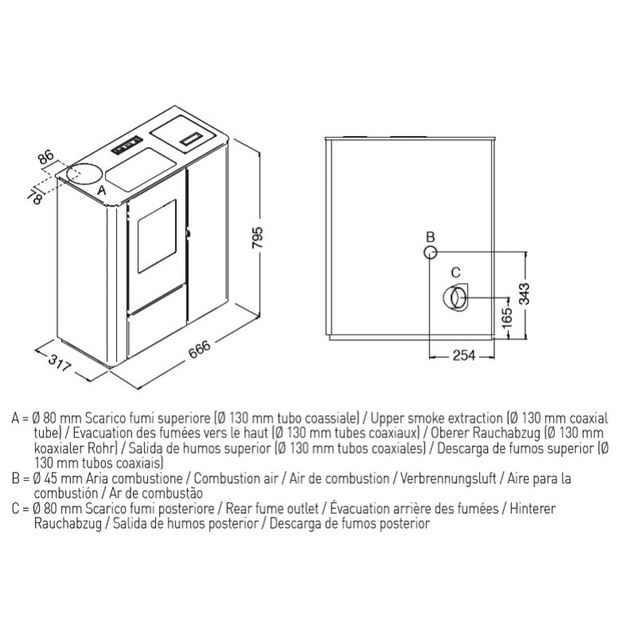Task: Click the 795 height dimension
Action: pos(257,238)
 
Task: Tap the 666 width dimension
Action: pos(200,349)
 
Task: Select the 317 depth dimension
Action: pos(60,363)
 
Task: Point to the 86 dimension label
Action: pos(46,157)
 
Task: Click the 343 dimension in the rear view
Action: pos(524,293)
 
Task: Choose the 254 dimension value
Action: pos(463,355)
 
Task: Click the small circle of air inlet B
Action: pos(430,252)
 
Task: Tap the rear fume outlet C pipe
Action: pos(456,297)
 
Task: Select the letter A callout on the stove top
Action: pos(102,190)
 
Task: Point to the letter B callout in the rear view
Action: pos(430,237)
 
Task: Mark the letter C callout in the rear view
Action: pos(456,272)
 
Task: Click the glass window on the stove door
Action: pos(157,236)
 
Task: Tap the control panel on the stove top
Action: pos(127,145)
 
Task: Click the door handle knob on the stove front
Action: pos(188,233)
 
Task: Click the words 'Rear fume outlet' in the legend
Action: pos(272,508)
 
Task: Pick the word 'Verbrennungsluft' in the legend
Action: pos(448,479)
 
